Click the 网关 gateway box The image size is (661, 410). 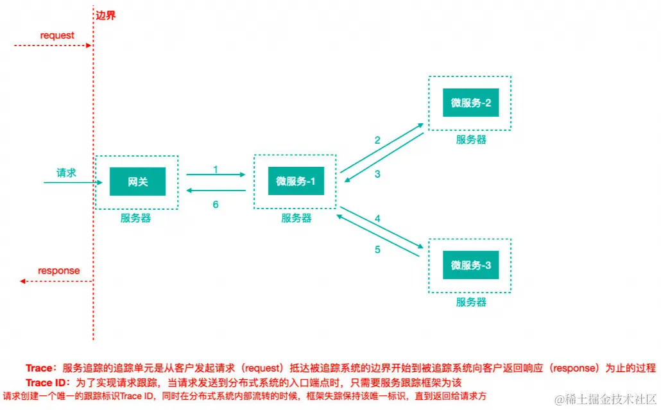pos(137,182)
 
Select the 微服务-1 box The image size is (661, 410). pos(296,182)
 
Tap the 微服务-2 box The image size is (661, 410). pos(470,103)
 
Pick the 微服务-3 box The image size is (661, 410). pos(470,265)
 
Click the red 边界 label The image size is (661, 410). pos(106,15)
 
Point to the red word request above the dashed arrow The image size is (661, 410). pos(57,35)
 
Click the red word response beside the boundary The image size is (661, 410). pos(59,270)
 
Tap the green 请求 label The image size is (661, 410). pos(66,172)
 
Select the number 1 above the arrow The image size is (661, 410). pos(216,169)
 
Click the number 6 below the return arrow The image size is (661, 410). pos(216,205)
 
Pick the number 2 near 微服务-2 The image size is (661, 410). pos(378,140)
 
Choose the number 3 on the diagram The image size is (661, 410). pos(378,174)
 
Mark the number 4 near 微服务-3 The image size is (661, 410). pos(378,219)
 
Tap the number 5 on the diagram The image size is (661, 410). pos(378,250)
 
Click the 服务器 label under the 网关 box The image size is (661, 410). pos(135,218)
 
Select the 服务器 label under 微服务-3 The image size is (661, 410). pos(471,302)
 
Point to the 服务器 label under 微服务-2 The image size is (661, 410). pos(471,139)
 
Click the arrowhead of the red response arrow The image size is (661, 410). pos(23,281)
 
